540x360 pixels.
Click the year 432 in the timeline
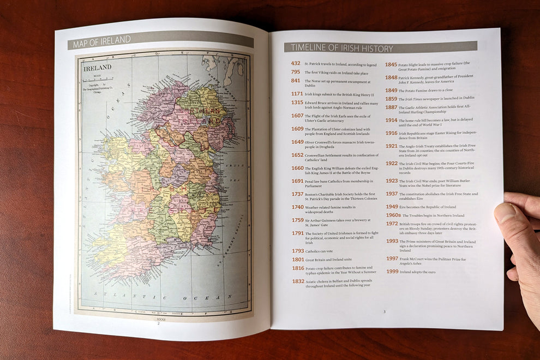[x=295, y=63]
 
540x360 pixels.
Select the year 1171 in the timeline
[x=297, y=94]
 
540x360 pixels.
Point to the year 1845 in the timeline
[x=391, y=64]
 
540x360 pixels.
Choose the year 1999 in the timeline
[x=392, y=271]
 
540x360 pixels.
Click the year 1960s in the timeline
[x=393, y=215]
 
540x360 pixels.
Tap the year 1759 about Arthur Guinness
[x=297, y=220]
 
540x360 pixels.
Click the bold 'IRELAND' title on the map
[x=97, y=68]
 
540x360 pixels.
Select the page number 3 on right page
[x=384, y=311]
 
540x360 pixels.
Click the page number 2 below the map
[x=158, y=323]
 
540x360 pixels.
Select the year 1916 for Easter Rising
[x=391, y=133]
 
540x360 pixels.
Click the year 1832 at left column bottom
[x=298, y=281]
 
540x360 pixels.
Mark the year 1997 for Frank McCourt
[x=392, y=259]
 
